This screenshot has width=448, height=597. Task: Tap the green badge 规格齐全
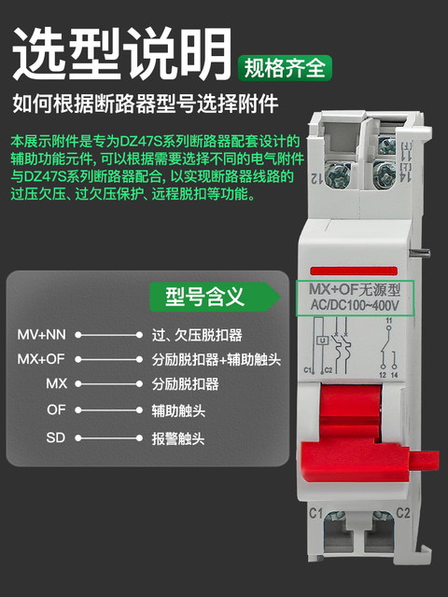click(285, 67)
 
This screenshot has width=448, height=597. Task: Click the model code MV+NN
click(41, 333)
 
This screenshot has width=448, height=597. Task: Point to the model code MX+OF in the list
click(41, 358)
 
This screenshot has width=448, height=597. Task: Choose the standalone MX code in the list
click(56, 383)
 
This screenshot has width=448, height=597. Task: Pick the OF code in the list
click(56, 410)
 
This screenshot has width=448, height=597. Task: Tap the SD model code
click(56, 436)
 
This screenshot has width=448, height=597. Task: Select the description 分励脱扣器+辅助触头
click(216, 358)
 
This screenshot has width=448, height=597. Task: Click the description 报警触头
click(177, 436)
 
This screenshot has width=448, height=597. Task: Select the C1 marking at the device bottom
click(315, 513)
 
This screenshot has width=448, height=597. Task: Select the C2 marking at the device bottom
click(403, 513)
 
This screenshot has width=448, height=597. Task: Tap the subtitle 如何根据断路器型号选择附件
click(145, 102)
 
